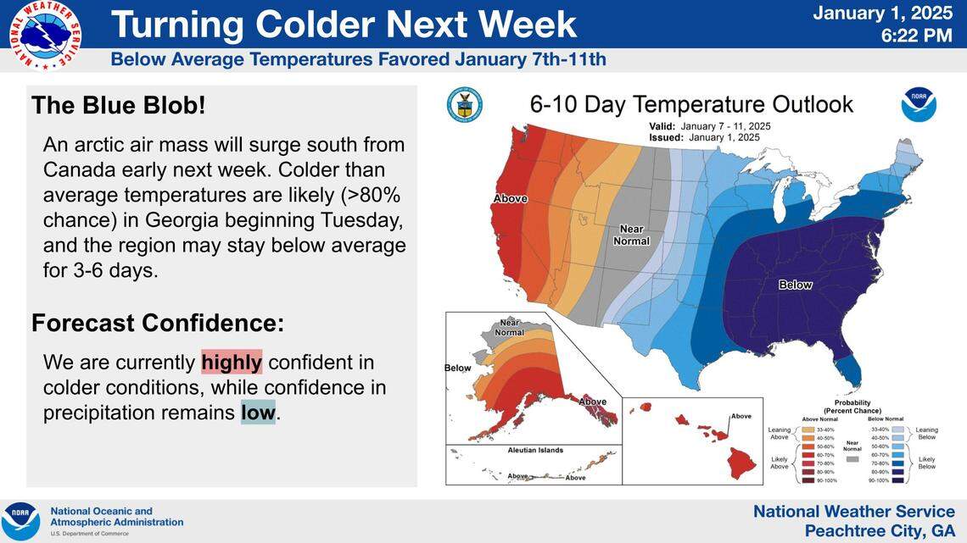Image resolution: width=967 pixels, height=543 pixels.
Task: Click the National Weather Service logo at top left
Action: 45,35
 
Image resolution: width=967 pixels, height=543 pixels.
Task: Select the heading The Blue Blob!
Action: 118,106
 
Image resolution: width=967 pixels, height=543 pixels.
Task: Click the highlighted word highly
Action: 232,363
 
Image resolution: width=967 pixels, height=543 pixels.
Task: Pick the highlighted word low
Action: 258,413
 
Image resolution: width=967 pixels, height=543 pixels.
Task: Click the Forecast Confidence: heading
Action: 158,323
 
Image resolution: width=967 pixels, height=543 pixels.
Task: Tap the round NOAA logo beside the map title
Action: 919,104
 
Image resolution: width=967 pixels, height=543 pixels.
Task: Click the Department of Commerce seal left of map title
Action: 464,104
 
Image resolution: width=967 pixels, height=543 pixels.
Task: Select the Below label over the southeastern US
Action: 795,285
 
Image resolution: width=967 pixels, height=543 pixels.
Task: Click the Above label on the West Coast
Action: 510,199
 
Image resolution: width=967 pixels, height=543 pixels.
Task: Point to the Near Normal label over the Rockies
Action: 631,235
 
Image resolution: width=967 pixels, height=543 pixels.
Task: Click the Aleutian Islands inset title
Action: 534,451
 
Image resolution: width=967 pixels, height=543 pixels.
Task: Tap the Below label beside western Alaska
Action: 457,368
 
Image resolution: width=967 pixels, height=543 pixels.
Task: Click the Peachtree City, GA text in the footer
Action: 880,529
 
